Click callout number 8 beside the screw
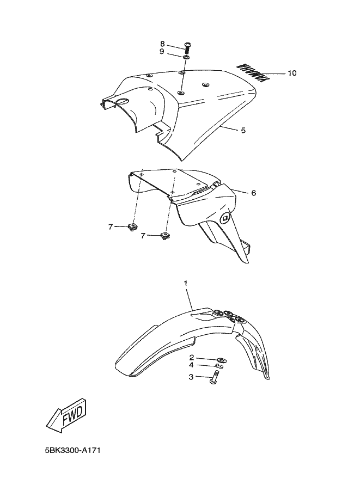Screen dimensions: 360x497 click(x=162, y=44)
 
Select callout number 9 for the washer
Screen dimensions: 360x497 click(x=162, y=51)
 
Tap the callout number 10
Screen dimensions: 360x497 click(x=292, y=73)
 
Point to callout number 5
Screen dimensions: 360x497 click(x=243, y=130)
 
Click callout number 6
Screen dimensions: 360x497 click(x=253, y=193)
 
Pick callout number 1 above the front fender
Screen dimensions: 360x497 click(x=186, y=283)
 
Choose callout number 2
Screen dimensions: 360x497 click(x=191, y=358)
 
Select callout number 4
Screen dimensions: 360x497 click(x=191, y=365)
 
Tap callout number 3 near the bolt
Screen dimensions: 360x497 click(x=191, y=377)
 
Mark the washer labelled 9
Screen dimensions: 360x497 click(x=186, y=57)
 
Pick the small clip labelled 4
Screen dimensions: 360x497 click(x=219, y=366)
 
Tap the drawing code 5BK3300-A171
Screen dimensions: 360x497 click(x=73, y=450)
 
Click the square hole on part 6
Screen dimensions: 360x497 click(x=225, y=218)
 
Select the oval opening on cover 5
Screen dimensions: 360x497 click(x=122, y=101)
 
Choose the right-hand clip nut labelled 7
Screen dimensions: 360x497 click(x=164, y=236)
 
